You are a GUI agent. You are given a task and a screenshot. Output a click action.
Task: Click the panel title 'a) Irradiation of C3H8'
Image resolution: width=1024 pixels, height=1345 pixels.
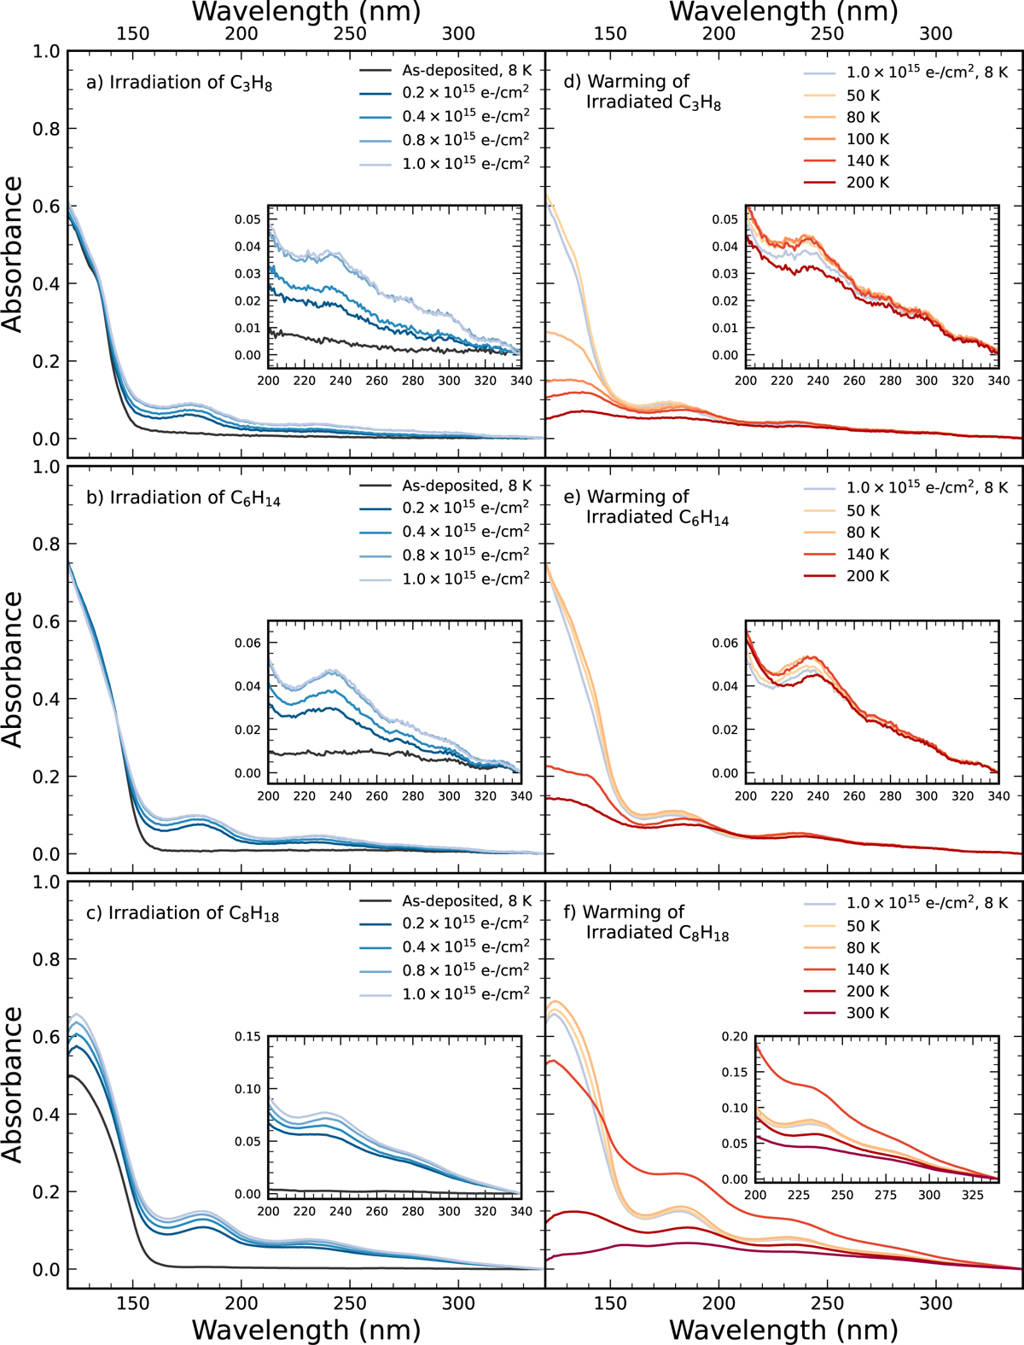[179, 83]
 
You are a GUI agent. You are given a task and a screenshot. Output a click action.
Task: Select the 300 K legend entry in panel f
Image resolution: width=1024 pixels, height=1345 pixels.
[867, 1013]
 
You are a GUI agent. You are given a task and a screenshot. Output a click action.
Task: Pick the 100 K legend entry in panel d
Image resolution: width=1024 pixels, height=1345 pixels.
[867, 138]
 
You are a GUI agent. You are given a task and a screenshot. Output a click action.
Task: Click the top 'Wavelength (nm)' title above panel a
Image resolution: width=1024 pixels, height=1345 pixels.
[306, 12]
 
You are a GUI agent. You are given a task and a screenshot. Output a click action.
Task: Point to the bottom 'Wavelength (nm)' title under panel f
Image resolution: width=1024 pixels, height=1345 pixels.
[783, 1330]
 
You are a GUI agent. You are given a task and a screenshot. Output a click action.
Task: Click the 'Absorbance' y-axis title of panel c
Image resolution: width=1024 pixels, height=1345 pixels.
[13, 1084]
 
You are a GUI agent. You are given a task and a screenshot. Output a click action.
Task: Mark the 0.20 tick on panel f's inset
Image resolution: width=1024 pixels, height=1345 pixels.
[735, 1037]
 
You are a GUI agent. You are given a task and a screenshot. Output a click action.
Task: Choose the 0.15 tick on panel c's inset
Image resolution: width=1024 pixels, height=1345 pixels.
[248, 1037]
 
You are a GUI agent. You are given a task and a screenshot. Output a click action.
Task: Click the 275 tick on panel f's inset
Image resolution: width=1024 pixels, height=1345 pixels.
[886, 1195]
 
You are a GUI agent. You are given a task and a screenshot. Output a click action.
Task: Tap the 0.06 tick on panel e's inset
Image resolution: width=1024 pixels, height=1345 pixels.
[725, 643]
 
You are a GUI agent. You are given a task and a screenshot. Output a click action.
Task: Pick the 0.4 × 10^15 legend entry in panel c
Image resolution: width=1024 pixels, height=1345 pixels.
[465, 946]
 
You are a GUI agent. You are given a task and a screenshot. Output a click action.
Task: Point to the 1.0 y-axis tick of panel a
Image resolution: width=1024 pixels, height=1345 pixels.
[47, 52]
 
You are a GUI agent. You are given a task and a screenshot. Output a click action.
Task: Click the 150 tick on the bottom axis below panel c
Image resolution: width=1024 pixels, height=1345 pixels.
[132, 1303]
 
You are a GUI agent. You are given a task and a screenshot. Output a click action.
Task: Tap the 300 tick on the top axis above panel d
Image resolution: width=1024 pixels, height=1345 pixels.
[936, 33]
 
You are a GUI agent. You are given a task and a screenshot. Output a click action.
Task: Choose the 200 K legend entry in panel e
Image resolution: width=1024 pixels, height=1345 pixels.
[867, 576]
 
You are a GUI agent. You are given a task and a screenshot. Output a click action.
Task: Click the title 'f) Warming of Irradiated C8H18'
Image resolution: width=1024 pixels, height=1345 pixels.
[646, 923]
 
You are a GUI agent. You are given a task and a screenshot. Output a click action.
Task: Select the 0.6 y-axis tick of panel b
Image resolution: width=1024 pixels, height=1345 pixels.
[47, 622]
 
